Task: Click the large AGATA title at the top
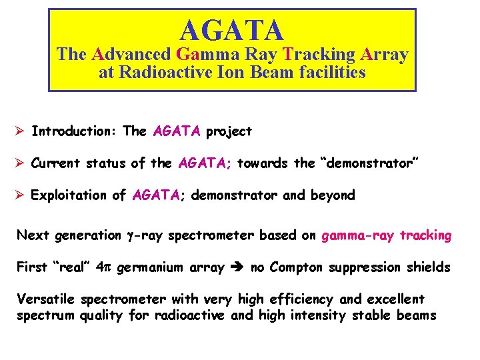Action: click(232, 30)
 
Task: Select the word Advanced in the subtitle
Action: click(131, 55)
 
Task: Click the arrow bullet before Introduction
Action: click(20, 131)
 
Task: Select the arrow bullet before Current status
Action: click(20, 163)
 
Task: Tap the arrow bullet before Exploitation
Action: click(20, 195)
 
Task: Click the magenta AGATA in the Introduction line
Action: click(176, 131)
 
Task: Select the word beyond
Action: click(333, 195)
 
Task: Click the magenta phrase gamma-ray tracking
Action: click(387, 235)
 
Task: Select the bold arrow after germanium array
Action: click(237, 268)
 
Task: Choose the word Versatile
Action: click(45, 300)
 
